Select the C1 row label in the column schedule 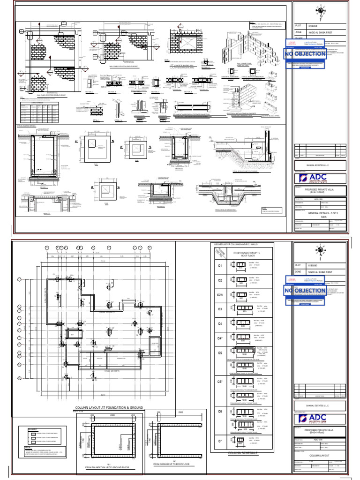[x=219, y=266]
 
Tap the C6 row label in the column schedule [x=219, y=411]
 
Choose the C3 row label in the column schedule [x=219, y=309]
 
